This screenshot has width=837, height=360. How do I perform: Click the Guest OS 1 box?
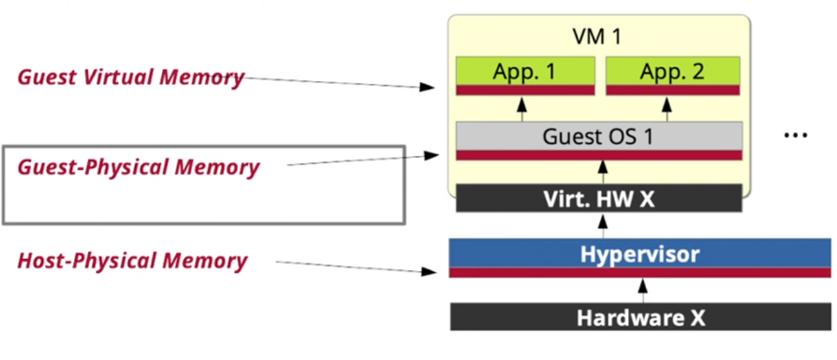[x=599, y=136]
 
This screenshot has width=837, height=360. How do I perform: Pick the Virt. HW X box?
[x=599, y=199]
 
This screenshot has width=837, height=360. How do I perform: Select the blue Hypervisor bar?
[x=639, y=254]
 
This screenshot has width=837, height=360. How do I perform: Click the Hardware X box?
[x=640, y=317]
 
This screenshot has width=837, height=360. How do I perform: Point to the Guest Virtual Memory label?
[x=130, y=77]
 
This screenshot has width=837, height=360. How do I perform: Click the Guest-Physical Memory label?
[x=138, y=167]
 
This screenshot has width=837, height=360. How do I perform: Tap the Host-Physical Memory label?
[x=132, y=260]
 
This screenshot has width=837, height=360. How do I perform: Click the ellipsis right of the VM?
[x=795, y=135]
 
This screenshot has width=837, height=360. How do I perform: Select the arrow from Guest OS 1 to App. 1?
[x=521, y=109]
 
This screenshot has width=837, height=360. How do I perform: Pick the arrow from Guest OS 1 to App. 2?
[x=667, y=109]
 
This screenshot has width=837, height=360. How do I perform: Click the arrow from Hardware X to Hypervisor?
[x=643, y=291]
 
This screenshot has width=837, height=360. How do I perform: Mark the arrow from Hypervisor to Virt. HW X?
[x=604, y=225]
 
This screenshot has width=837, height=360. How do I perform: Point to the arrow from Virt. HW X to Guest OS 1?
[x=604, y=172]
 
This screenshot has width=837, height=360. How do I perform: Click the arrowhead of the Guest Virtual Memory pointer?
[x=427, y=87]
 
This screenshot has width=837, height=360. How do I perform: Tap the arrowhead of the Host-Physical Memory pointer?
[x=430, y=272]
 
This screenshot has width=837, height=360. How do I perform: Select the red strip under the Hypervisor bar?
[x=639, y=272]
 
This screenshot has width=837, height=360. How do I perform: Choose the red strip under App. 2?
[x=672, y=90]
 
